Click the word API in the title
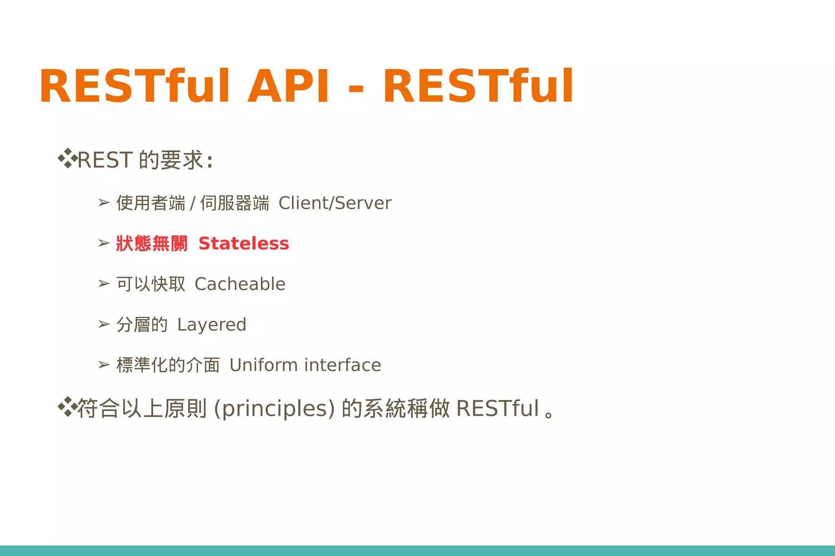pyautogui.click(x=288, y=86)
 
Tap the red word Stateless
pyautogui.click(x=243, y=244)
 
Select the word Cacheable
pyautogui.click(x=240, y=284)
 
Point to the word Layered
pyautogui.click(x=212, y=325)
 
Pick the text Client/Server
pyautogui.click(x=335, y=203)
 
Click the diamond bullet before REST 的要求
pyautogui.click(x=67, y=158)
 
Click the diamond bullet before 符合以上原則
pyautogui.click(x=67, y=407)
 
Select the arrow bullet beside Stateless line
pyautogui.click(x=104, y=243)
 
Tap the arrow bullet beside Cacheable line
pyautogui.click(x=104, y=283)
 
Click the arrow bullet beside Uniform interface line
pyautogui.click(x=104, y=365)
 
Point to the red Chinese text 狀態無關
pyautogui.click(x=152, y=244)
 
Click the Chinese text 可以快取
pyautogui.click(x=151, y=284)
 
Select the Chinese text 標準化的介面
pyautogui.click(x=168, y=365)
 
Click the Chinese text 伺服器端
pyautogui.click(x=234, y=203)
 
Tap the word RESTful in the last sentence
pyautogui.click(x=497, y=408)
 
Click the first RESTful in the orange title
pyautogui.click(x=135, y=86)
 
